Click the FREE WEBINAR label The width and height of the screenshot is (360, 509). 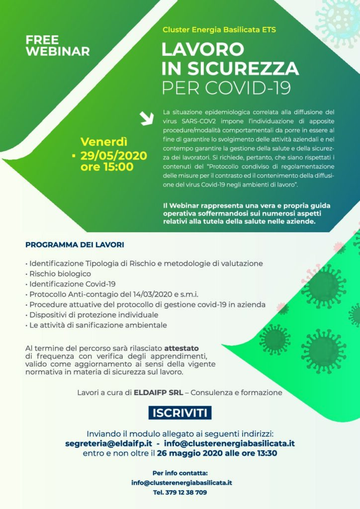tap(57, 45)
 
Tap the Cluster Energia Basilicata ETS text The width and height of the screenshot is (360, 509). tap(219, 30)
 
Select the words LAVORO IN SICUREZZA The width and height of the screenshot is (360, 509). tap(230, 58)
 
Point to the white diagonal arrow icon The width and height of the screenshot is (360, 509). tap(147, 118)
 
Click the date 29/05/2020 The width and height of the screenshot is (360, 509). tap(114, 156)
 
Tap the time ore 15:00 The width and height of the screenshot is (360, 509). tap(107, 167)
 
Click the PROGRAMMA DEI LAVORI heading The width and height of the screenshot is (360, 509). tap(75, 245)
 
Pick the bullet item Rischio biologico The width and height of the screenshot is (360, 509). tap(60, 273)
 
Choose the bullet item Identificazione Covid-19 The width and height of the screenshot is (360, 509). tap(72, 284)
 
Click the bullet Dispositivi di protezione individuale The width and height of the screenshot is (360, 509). tap(93, 315)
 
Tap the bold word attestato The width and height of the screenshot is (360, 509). tap(184, 348)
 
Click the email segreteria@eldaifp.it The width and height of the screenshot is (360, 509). tap(108, 443)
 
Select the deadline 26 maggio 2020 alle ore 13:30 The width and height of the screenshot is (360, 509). tap(217, 453)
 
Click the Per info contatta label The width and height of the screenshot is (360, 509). tap(180, 473)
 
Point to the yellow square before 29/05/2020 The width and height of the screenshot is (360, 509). tap(74, 156)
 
